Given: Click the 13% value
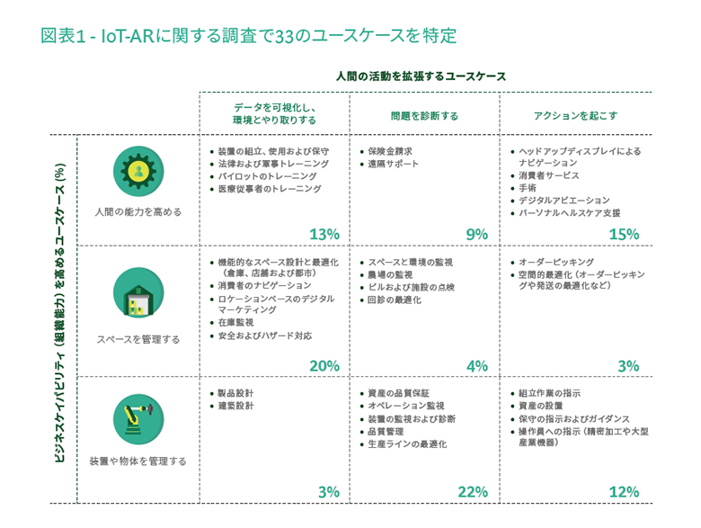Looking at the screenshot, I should [x=324, y=235].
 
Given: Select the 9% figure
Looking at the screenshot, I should [x=476, y=235].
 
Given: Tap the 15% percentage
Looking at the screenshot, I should [x=624, y=235].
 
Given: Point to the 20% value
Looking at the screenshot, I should [x=324, y=366].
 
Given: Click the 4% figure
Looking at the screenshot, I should [x=477, y=366].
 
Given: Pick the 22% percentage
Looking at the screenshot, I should [x=472, y=492].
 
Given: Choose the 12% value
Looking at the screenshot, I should [x=624, y=492].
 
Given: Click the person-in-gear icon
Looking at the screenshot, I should [x=138, y=171].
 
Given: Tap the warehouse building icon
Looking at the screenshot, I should [x=138, y=293].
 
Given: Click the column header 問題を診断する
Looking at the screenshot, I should [x=424, y=116].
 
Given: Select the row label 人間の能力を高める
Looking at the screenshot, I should [x=138, y=212].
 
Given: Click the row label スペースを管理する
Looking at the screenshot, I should [x=138, y=340].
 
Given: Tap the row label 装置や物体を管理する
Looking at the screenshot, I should [x=138, y=461].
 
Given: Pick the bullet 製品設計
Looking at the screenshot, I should [x=235, y=394].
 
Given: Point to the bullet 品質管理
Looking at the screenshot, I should [x=387, y=432].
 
